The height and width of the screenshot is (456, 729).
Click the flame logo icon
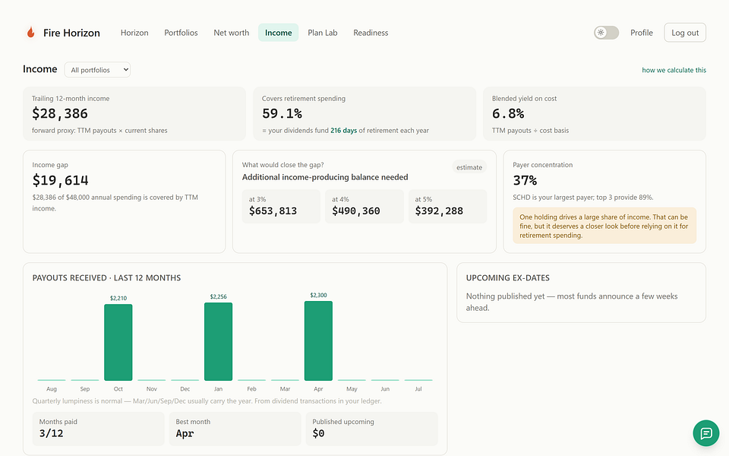tap(30, 32)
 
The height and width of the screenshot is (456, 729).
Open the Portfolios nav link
tap(181, 33)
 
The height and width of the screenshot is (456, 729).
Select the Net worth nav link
tap(231, 33)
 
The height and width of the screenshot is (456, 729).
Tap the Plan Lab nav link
tap(322, 33)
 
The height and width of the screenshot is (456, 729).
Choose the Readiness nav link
tap(371, 33)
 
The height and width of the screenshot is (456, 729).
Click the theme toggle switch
tap(606, 33)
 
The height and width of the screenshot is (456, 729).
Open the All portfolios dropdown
tap(97, 70)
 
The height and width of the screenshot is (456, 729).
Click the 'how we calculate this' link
tap(674, 70)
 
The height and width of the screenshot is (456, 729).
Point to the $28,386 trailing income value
tap(60, 113)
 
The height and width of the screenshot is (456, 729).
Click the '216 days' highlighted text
tap(343, 131)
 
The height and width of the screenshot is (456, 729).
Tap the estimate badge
tap(469, 167)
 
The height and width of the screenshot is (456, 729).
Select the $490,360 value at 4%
tap(355, 211)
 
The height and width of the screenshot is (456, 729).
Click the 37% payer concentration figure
tap(525, 180)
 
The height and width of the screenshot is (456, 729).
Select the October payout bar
tap(118, 343)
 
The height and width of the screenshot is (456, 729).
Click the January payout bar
tap(218, 341)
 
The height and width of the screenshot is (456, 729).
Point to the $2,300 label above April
tap(318, 295)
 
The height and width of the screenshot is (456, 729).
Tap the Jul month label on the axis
tap(418, 389)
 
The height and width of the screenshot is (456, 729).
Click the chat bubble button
tap(705, 433)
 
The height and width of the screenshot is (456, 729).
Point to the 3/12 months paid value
tap(51, 433)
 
